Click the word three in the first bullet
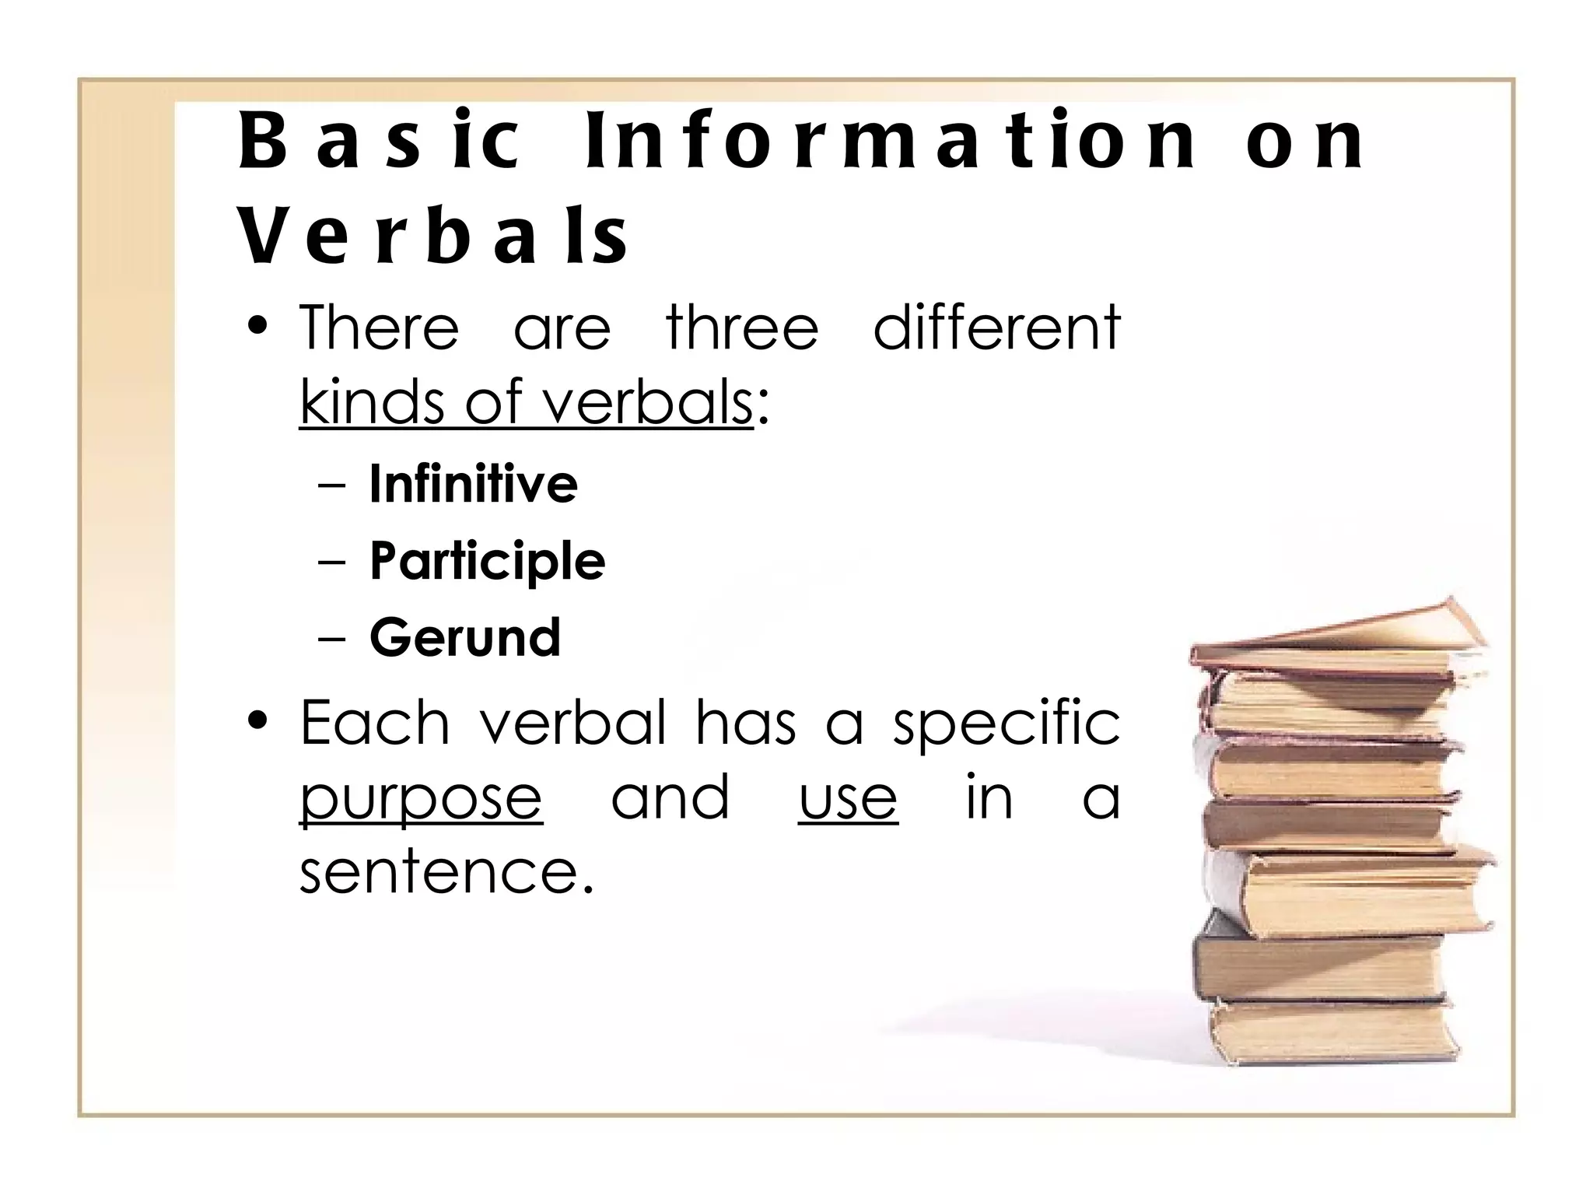742,328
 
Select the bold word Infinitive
473,484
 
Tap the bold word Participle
487,561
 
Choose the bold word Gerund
464,637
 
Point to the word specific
1006,724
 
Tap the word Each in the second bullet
375,724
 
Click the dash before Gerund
332,639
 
